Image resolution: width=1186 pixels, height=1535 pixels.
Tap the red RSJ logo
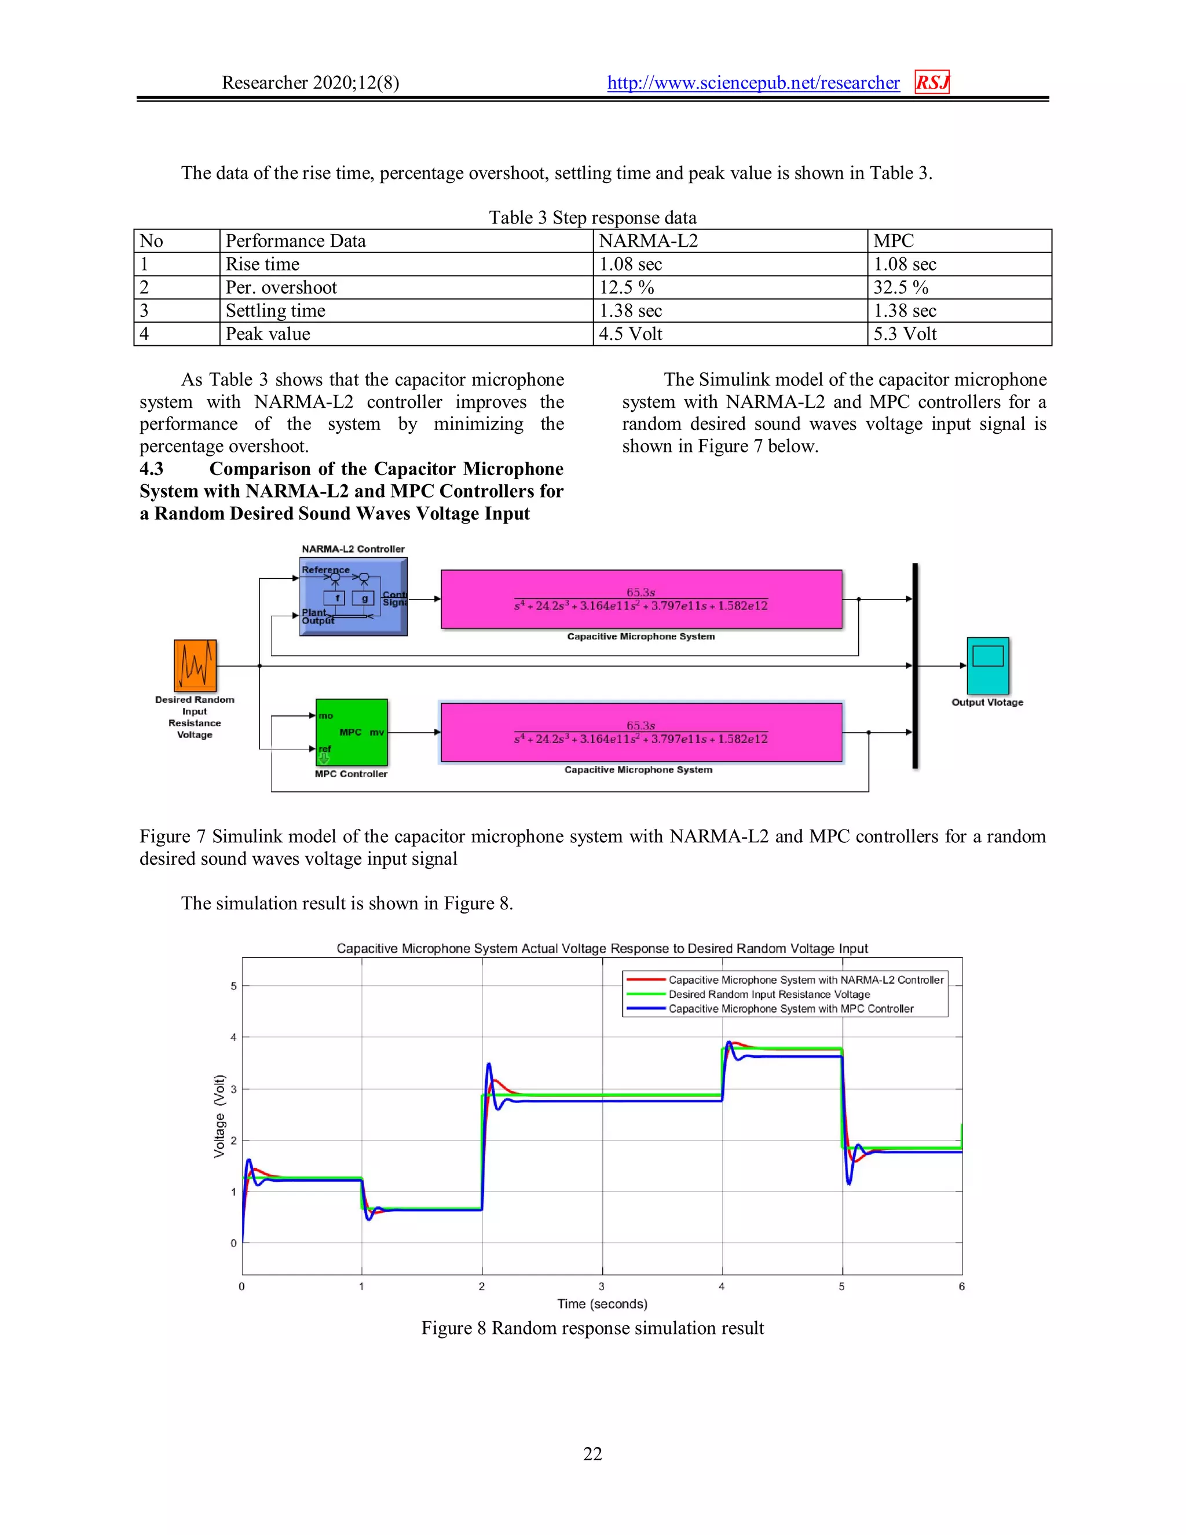[x=932, y=82]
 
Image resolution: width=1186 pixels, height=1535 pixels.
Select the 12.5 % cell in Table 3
[x=626, y=287]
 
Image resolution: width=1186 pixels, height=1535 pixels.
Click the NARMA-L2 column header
[x=648, y=241]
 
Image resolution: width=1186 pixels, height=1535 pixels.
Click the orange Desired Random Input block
[x=195, y=666]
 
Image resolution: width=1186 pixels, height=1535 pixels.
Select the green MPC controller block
[x=352, y=732]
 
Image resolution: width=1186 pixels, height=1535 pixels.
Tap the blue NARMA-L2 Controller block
[x=353, y=597]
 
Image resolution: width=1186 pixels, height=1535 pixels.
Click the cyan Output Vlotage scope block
[x=987, y=666]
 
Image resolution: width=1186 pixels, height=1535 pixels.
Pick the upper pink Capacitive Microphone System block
[x=641, y=599]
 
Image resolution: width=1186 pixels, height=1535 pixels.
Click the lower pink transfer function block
[x=641, y=732]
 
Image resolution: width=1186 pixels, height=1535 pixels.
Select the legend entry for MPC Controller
[x=790, y=1008]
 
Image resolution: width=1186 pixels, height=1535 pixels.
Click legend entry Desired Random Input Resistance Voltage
[x=768, y=995]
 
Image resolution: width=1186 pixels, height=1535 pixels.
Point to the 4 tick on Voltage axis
[x=233, y=1037]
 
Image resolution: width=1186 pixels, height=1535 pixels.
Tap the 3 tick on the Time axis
[x=602, y=1286]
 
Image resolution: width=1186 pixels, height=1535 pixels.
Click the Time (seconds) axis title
[x=602, y=1304]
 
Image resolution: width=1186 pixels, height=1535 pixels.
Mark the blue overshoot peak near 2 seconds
[x=489, y=1064]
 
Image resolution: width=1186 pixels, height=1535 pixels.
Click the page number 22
[x=592, y=1453]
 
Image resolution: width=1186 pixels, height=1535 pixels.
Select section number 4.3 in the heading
[x=151, y=469]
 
